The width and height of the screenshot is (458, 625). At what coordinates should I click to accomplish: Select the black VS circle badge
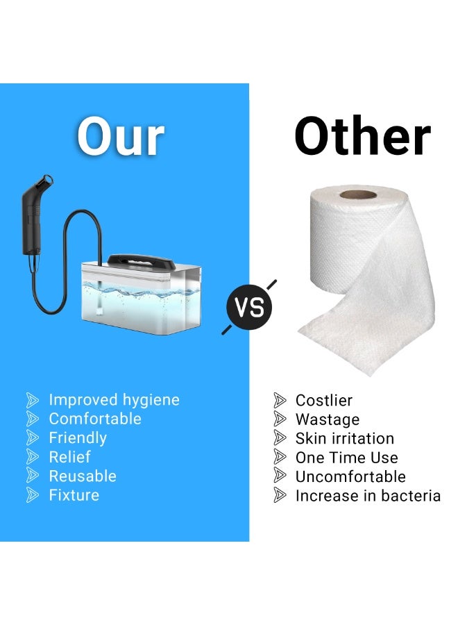point(249,307)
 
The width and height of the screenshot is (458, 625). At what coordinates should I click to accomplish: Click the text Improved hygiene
point(114,400)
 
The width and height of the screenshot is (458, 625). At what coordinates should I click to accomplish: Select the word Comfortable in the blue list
point(94,419)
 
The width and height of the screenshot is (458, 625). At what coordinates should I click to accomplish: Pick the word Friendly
point(78,438)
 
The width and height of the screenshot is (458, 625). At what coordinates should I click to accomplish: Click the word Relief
point(69,457)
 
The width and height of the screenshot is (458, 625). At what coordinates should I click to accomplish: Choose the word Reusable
point(83,476)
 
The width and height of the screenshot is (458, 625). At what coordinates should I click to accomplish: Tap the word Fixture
point(74,495)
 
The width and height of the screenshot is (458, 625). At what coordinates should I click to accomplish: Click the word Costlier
point(323,401)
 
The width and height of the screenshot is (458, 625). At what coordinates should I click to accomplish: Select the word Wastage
point(328,419)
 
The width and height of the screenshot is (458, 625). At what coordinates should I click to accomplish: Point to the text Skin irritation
point(344,438)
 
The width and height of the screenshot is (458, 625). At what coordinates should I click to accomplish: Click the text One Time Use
point(346,458)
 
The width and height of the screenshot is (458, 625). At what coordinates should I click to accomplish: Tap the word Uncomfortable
point(350,476)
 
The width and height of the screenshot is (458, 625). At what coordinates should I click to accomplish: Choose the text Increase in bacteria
point(368,496)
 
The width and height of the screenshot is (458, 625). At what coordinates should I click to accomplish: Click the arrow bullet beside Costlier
point(280,400)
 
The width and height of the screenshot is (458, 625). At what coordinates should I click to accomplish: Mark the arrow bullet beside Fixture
point(33,495)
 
